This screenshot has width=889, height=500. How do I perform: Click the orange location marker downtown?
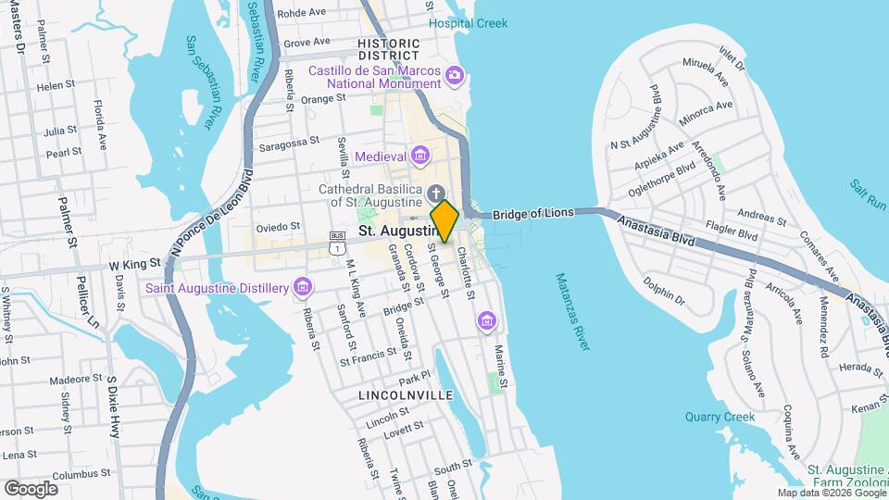coord(444,221)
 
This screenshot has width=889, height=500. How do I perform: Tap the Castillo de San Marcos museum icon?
coord(454,74)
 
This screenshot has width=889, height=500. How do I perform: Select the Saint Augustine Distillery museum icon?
coord(302,288)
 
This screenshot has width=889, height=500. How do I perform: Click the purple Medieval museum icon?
coord(420,155)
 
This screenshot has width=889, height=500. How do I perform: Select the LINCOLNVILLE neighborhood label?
coord(406,395)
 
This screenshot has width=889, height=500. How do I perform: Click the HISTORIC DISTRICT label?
coord(389,50)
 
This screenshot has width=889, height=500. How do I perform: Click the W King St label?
coord(135,263)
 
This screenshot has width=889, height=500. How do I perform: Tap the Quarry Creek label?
coord(720,417)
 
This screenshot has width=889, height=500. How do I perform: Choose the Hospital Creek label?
coord(468,23)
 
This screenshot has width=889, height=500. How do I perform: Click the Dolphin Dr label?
coord(664,292)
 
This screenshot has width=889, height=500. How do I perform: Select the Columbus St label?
coord(56,475)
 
